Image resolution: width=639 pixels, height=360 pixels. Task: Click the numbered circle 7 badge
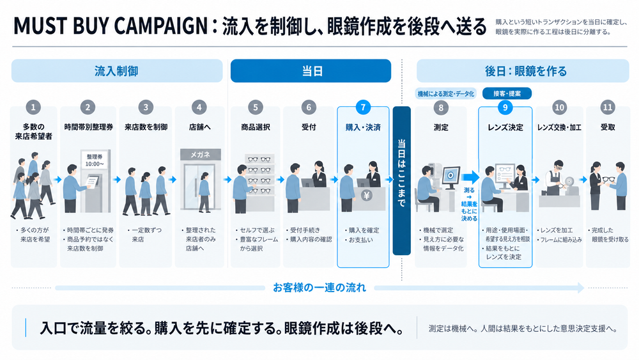coord(363,107)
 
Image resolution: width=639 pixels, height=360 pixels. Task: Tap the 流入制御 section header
coord(117,71)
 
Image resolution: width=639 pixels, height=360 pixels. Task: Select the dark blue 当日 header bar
coord(311,71)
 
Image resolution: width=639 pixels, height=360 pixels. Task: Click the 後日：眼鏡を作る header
coord(523,71)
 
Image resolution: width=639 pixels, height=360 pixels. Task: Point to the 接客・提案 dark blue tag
coord(507,93)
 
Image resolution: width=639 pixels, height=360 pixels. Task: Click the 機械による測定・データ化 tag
coord(446,94)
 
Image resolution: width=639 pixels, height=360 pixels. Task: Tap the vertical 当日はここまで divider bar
coord(402,180)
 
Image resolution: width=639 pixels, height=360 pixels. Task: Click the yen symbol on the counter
coord(366,196)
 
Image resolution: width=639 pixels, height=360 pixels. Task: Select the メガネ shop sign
coord(201,155)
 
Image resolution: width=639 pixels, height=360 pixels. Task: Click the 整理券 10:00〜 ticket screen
coord(95,160)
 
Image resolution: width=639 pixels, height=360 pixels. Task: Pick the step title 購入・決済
coord(363,128)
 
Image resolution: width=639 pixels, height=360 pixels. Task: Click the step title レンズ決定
coord(505,128)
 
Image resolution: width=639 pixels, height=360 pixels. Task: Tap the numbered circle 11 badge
coord(608,107)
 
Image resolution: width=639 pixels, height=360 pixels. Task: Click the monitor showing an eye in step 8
coord(450,176)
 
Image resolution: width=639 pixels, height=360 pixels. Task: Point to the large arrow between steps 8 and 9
coord(470,177)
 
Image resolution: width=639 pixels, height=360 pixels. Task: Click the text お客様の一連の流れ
coord(319,288)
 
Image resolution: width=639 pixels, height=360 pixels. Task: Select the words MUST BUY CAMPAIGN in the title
coord(111,26)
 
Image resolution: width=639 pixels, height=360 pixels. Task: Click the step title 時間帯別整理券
coord(88,127)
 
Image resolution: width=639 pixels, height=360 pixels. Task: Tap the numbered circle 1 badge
coord(33,107)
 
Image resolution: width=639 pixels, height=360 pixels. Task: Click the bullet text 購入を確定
coord(364,230)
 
